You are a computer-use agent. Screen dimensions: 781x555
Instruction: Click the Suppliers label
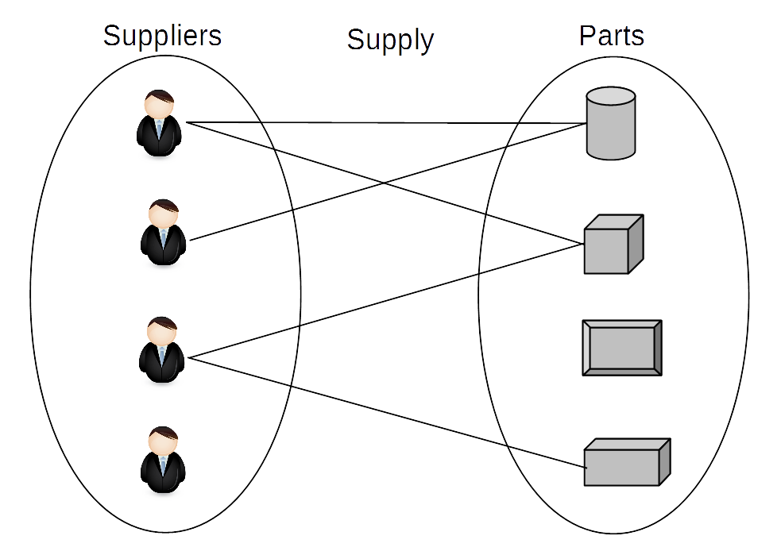click(x=162, y=37)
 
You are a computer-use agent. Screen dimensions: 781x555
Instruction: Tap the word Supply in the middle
click(x=390, y=40)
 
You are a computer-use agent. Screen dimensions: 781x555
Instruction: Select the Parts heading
click(x=612, y=36)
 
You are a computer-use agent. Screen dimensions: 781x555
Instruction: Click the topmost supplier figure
click(x=159, y=123)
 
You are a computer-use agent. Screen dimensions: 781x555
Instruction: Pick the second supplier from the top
click(x=164, y=233)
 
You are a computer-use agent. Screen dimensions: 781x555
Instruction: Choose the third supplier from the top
click(x=162, y=350)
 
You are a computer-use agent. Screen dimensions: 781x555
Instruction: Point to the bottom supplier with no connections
click(x=163, y=460)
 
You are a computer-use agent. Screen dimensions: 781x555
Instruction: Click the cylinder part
click(x=611, y=123)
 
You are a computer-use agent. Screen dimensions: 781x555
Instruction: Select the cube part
click(x=613, y=245)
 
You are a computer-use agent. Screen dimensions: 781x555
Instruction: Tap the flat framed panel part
click(x=622, y=348)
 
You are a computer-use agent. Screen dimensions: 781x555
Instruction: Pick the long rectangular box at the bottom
click(x=627, y=462)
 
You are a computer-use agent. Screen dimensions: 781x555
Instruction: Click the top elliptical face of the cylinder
click(x=611, y=96)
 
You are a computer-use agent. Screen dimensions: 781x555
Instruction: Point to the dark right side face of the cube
click(x=636, y=244)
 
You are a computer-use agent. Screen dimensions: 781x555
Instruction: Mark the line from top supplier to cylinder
click(x=386, y=123)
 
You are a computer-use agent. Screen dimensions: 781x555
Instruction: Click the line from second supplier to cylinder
click(x=388, y=182)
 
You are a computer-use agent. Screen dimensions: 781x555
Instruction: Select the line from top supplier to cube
click(x=385, y=183)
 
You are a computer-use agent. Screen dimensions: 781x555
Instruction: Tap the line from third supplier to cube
click(x=386, y=301)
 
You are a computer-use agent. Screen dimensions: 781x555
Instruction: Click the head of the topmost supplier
click(x=160, y=103)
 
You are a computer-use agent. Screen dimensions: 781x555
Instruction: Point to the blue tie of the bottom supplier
click(x=163, y=464)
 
